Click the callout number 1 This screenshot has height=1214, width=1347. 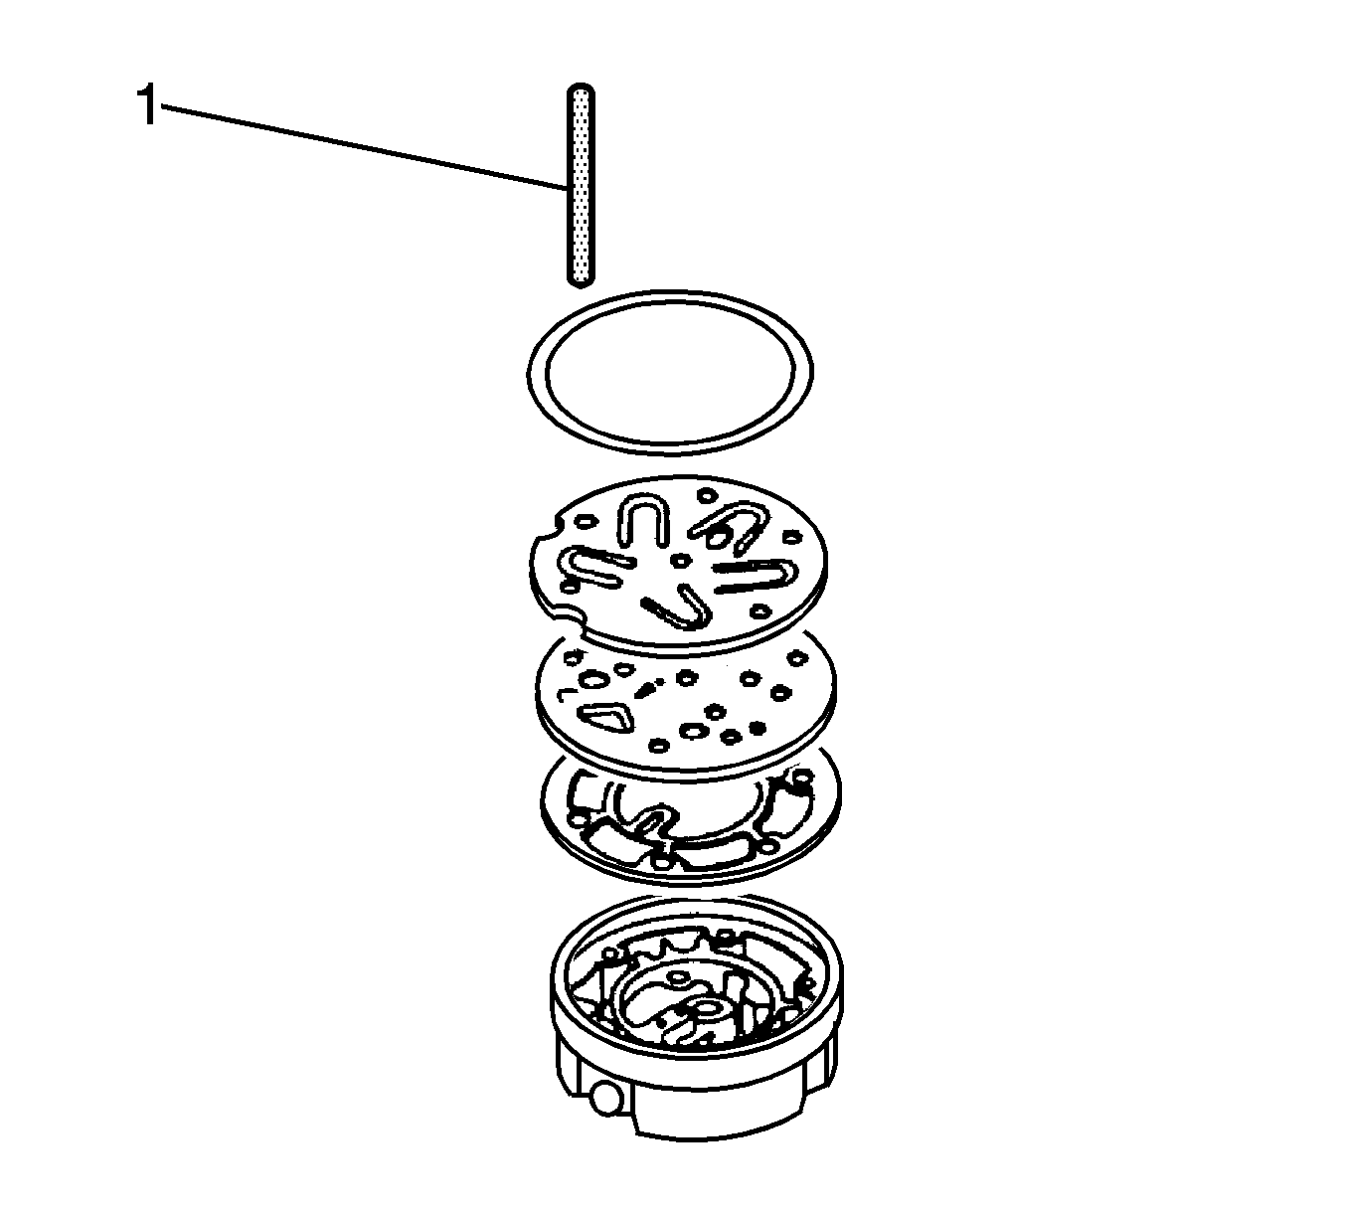click(x=146, y=107)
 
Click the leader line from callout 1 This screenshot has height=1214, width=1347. click(x=358, y=145)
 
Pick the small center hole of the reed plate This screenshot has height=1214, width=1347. click(x=680, y=561)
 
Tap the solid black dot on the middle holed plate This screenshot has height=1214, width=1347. click(x=649, y=685)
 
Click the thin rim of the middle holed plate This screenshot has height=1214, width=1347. click(x=686, y=771)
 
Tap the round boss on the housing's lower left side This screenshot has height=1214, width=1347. click(x=603, y=1099)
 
